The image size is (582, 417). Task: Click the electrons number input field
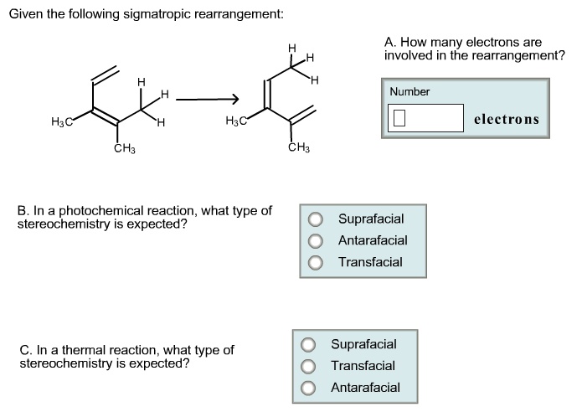pyautogui.click(x=425, y=117)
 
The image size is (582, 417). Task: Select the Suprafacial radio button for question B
pyautogui.click(x=315, y=219)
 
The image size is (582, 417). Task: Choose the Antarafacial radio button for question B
pyautogui.click(x=315, y=241)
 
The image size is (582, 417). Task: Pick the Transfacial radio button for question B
pyautogui.click(x=315, y=263)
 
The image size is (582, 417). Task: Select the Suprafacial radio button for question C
pyautogui.click(x=308, y=345)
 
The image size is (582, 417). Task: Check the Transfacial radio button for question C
pyautogui.click(x=308, y=367)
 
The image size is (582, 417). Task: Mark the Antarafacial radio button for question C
pyautogui.click(x=308, y=389)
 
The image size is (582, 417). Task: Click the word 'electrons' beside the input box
pyautogui.click(x=506, y=119)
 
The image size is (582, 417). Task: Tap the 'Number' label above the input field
pyautogui.click(x=409, y=91)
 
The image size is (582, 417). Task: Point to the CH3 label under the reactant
pyautogui.click(x=125, y=149)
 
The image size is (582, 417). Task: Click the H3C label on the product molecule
pyautogui.click(x=236, y=123)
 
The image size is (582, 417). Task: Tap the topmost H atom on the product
pyautogui.click(x=291, y=48)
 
